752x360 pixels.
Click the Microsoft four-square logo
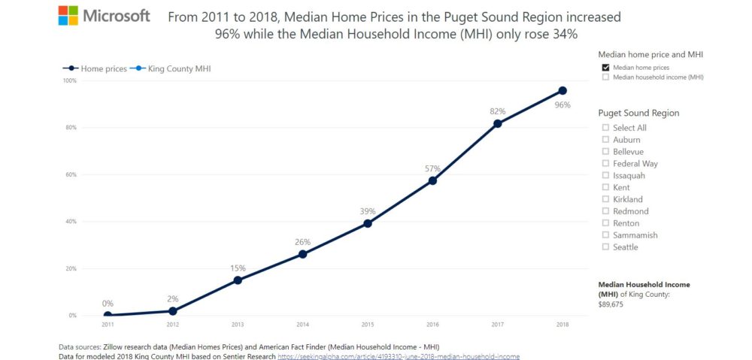pos(68,16)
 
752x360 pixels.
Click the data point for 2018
pos(562,91)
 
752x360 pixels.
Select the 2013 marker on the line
pos(238,280)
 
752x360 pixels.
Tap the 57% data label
pos(432,168)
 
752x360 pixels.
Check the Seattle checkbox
pos(605,247)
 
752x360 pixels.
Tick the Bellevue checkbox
pos(605,152)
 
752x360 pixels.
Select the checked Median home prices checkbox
pos(605,68)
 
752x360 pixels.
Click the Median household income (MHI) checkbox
pos(605,77)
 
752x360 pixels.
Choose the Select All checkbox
pos(605,128)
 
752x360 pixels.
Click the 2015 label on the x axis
pos(367,325)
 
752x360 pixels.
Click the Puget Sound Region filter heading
pos(638,113)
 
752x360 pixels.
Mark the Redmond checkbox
pos(605,211)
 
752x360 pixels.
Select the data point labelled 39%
pos(368,223)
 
